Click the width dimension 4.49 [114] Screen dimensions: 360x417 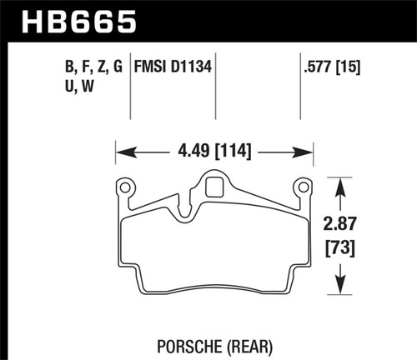[x=212, y=152]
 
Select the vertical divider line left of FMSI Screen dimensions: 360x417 [x=131, y=92]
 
